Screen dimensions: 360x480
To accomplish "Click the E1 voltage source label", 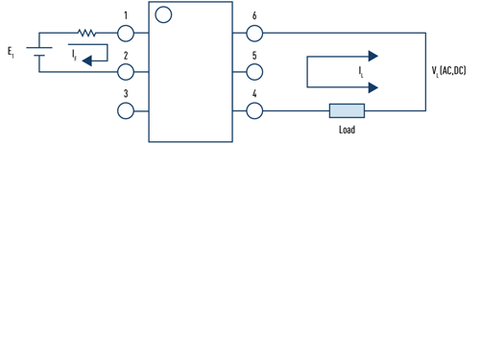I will (x=11, y=50).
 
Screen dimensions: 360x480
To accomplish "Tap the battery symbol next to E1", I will (x=38, y=52).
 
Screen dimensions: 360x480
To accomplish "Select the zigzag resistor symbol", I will (x=87, y=33).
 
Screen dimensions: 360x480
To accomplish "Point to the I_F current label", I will (x=74, y=56).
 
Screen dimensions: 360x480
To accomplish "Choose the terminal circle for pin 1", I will (x=126, y=33).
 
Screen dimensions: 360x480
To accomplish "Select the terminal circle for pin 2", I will (x=126, y=72).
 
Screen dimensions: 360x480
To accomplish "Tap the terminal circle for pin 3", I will (x=126, y=110).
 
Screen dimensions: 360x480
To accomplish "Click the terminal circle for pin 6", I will (x=254, y=33).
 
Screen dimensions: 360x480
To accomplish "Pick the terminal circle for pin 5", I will (x=254, y=72).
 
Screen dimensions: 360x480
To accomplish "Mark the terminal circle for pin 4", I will (x=254, y=110).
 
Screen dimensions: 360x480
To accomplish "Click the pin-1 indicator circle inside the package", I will (x=163, y=14).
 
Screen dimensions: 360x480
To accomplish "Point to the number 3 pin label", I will (x=126, y=93).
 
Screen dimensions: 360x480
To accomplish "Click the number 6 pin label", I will (x=254, y=16).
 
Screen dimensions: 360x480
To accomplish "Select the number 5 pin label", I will (x=254, y=55).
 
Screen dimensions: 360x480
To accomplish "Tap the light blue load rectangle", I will (x=347, y=110).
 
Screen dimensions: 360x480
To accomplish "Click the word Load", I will (x=347, y=130).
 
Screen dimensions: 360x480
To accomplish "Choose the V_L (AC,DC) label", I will (x=449, y=71).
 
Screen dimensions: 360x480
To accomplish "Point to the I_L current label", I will (x=361, y=72).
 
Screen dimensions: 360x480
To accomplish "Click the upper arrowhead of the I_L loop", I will (x=372, y=57).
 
